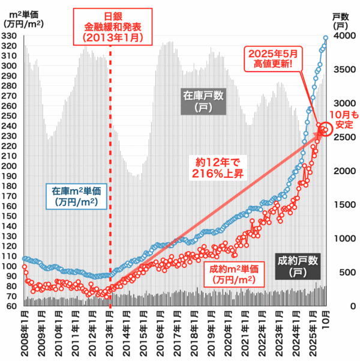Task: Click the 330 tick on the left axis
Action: (x=10, y=36)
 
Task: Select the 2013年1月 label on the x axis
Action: (x=110, y=333)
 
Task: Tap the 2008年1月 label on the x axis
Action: (x=24, y=333)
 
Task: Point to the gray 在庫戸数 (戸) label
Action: (x=204, y=100)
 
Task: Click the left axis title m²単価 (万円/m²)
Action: (x=21, y=19)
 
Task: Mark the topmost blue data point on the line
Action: (x=326, y=37)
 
